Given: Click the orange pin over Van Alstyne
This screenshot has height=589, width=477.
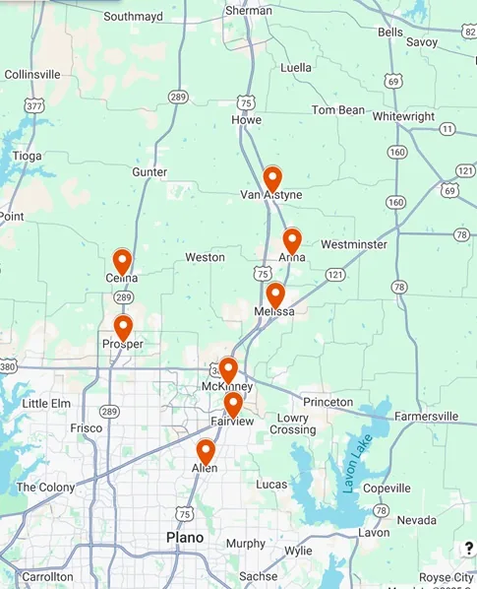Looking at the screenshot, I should [x=272, y=179].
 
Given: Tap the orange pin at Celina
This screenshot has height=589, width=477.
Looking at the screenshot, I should [x=122, y=261].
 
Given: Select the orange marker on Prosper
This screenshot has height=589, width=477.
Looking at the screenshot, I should [x=123, y=327].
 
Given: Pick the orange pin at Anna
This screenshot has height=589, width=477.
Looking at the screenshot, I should [x=292, y=240].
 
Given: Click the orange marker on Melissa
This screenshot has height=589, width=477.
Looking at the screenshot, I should [x=275, y=294].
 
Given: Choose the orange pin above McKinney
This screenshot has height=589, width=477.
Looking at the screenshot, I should [x=228, y=369].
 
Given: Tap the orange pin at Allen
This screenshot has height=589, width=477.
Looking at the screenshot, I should [x=206, y=451].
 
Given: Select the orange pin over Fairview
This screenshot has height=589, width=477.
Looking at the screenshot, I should [x=233, y=404].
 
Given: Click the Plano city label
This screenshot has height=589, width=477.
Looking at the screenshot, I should [x=185, y=538].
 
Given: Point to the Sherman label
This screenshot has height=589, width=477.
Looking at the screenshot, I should [x=249, y=11].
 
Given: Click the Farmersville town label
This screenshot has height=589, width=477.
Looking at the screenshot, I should [x=426, y=417].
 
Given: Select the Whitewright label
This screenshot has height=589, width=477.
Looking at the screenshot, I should [x=403, y=116].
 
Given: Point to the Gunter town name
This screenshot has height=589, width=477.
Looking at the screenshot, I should [x=149, y=172].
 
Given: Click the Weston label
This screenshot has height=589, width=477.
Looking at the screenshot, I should [x=206, y=257].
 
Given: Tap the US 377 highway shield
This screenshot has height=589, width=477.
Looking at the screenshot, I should [x=35, y=105].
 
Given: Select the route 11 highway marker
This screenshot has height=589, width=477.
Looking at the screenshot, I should [x=448, y=129].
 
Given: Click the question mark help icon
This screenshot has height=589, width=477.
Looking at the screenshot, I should [x=468, y=549].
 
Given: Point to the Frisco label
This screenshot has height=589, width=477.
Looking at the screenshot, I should [x=86, y=429].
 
